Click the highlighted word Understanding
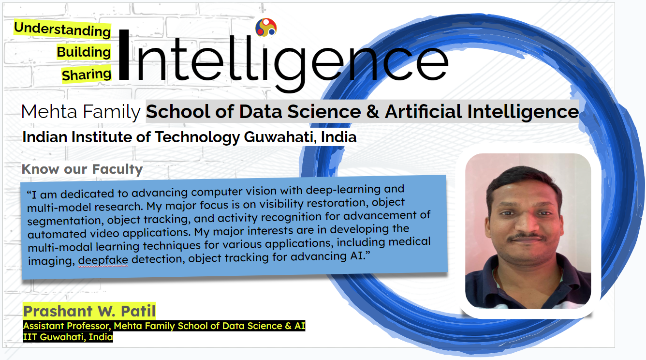coord(62,29)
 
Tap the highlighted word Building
coord(84,52)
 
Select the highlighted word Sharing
coord(87,75)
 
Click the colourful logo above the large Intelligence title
coord(266,28)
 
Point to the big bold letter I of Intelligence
coord(124,54)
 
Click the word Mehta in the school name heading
coord(49,111)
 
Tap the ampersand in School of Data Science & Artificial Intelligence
coord(373,111)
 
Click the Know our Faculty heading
coord(82,169)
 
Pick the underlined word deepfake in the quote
coord(103,260)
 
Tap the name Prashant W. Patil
coord(89,311)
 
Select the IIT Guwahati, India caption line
coord(68,337)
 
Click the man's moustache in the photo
coord(527,237)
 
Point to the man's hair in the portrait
coord(524,180)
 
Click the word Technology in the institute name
coord(198,137)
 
